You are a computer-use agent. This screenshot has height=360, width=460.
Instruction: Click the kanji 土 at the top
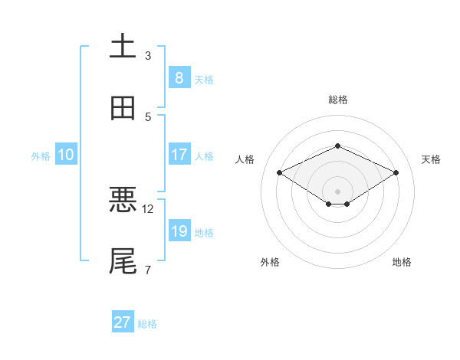click(123, 46)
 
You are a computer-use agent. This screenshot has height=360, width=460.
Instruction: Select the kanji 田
click(123, 108)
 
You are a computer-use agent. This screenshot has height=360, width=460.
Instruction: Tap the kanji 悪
click(123, 200)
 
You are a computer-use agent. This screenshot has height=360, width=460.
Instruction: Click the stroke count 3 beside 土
click(148, 56)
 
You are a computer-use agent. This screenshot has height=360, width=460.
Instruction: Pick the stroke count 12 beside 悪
click(148, 208)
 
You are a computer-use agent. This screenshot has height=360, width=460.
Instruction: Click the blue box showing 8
click(179, 77)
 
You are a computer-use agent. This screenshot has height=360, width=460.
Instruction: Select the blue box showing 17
click(179, 155)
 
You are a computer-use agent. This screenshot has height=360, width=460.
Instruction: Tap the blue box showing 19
click(179, 231)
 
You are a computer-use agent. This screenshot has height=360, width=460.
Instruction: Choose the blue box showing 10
click(66, 155)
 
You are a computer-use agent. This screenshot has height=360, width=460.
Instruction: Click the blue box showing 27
click(123, 322)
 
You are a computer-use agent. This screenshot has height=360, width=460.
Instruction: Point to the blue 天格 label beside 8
click(204, 79)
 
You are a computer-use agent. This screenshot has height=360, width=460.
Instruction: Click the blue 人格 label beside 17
click(204, 155)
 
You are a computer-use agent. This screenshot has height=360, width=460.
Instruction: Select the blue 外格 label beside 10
click(41, 155)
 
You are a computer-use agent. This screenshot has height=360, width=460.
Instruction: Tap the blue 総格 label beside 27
click(147, 324)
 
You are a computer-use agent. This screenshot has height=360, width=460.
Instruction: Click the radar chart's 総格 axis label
click(337, 100)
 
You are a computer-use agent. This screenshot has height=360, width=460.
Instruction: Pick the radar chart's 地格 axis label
click(402, 262)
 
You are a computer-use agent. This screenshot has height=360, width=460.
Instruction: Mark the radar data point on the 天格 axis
click(396, 172)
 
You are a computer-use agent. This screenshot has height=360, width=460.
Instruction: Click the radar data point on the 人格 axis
click(279, 172)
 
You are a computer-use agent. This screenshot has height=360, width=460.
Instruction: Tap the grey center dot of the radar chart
click(337, 190)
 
